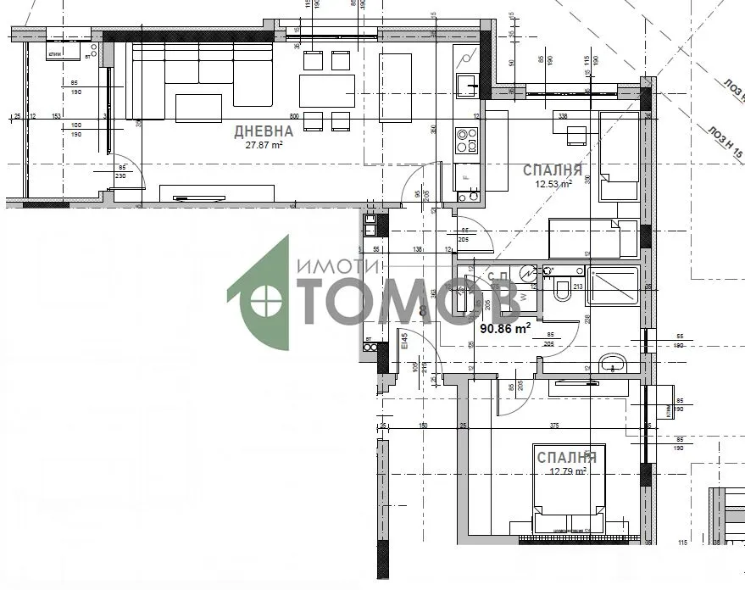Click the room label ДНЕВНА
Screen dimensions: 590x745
click(x=264, y=131)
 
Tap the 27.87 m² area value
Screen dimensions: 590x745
click(x=264, y=144)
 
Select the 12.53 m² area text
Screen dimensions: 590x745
click(x=552, y=182)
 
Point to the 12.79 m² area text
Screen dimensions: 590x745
click(x=567, y=472)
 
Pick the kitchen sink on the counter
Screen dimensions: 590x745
click(x=467, y=85)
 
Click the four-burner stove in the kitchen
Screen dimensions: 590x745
click(x=467, y=140)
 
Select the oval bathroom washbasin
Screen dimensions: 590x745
click(x=612, y=365)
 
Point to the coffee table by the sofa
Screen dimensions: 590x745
click(x=198, y=108)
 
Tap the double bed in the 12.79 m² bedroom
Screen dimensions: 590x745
click(x=568, y=487)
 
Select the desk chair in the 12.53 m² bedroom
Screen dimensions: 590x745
click(x=576, y=136)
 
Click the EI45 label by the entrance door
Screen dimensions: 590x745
click(x=405, y=342)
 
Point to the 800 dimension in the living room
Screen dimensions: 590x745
click(x=295, y=116)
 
